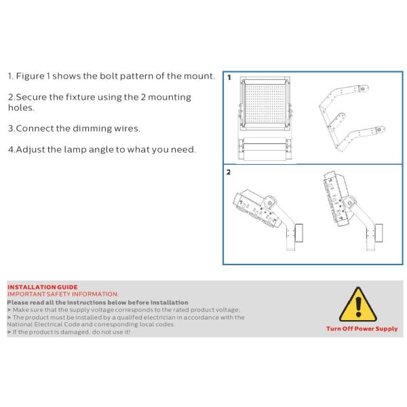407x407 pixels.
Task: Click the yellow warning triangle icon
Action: coord(358,305)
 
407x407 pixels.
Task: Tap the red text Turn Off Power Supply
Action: coord(362,328)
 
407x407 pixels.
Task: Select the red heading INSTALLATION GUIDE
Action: coord(43,287)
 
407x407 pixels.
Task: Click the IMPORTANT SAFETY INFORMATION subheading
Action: coord(63,294)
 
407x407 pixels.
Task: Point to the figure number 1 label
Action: coord(229,77)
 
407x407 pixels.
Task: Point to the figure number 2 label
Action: coord(229,172)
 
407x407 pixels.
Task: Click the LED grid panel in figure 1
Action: coord(265,104)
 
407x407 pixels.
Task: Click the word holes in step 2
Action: coord(21,107)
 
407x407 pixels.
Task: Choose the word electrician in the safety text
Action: coord(159,317)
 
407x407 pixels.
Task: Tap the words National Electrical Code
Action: coord(43,324)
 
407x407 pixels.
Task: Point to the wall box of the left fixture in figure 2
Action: coord(298,233)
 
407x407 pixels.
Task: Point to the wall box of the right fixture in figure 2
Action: coord(379,233)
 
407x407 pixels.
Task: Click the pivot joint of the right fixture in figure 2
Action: coord(350,203)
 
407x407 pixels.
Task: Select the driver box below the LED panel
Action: coord(265,149)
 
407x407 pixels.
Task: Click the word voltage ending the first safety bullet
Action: coord(227,310)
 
